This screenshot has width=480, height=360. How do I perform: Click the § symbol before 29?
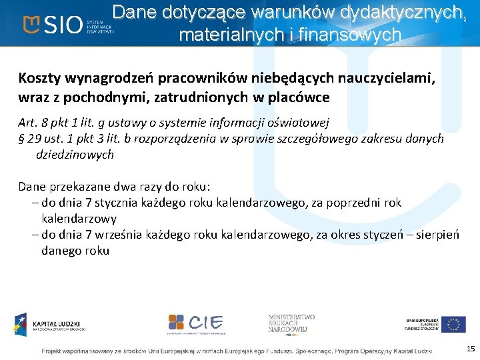[22, 139]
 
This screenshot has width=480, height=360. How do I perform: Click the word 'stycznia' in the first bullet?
[114, 203]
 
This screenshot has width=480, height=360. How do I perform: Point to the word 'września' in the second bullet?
[116, 235]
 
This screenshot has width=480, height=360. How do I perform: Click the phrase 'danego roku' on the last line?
[75, 251]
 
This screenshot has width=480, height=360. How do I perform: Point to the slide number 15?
[471, 349]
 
